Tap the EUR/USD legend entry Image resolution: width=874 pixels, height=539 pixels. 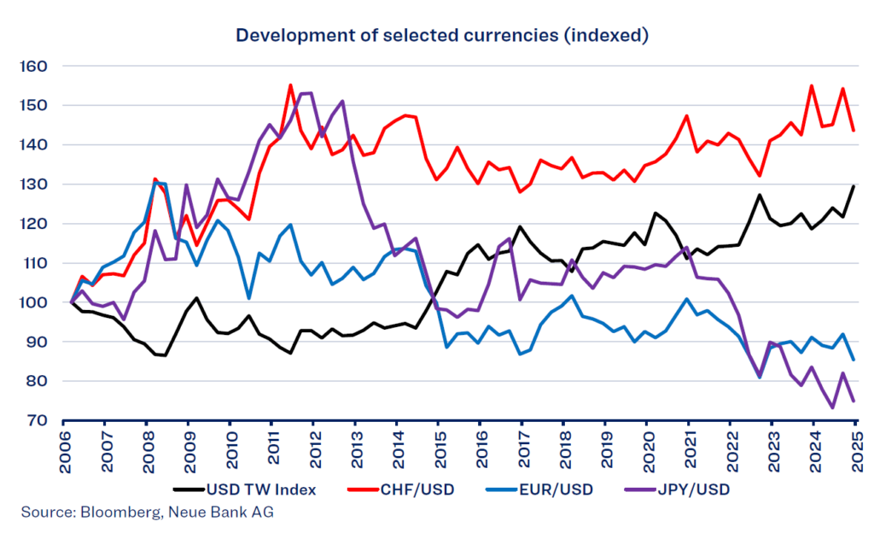[545, 489]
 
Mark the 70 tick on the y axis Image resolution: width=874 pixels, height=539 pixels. [34, 421]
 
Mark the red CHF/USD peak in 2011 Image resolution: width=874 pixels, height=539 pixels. [290, 85]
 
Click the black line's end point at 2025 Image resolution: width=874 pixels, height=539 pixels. [854, 186]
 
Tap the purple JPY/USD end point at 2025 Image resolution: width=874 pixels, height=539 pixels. [854, 401]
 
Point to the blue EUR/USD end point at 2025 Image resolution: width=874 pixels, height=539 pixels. [854, 360]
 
